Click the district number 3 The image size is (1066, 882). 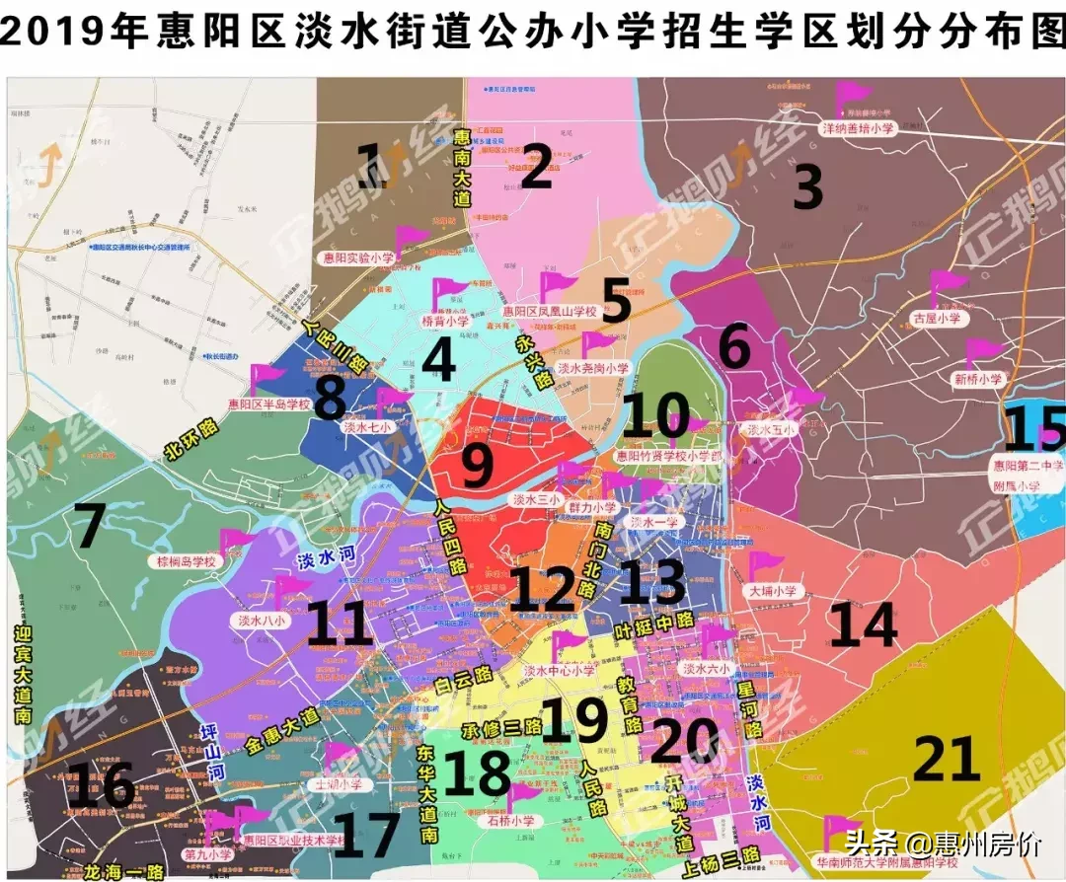click(x=807, y=187)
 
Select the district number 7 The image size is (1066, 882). click(x=89, y=527)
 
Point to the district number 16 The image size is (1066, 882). click(x=103, y=786)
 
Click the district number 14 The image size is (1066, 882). click(x=863, y=625)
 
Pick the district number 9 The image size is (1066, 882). click(x=477, y=466)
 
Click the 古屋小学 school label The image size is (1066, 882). click(x=935, y=320)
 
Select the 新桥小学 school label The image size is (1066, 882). click(x=977, y=379)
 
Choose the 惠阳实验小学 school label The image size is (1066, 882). click(x=358, y=257)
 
